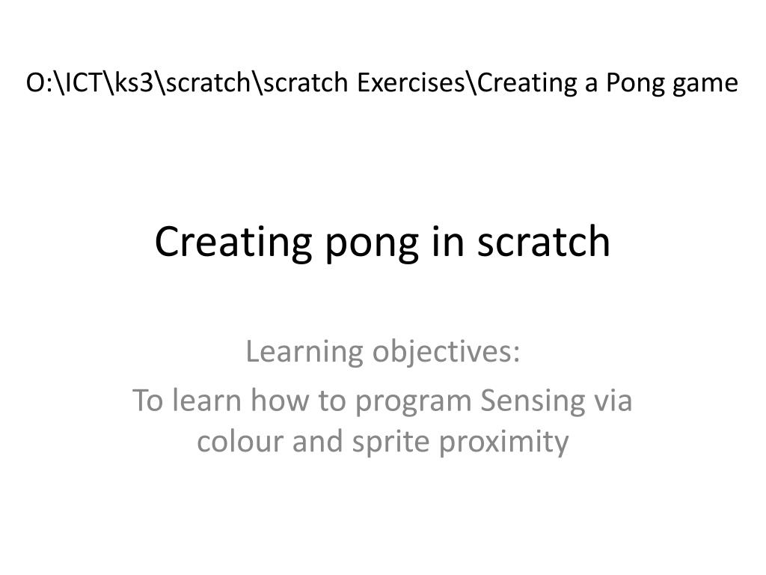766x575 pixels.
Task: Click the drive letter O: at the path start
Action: (36, 82)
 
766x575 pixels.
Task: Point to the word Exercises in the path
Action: (411, 82)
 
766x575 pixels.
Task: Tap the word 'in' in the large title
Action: (448, 241)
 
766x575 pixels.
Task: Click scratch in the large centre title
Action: (544, 241)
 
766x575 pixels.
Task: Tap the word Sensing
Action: (533, 402)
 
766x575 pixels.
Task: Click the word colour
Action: (240, 440)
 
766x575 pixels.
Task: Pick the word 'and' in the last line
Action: (317, 440)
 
